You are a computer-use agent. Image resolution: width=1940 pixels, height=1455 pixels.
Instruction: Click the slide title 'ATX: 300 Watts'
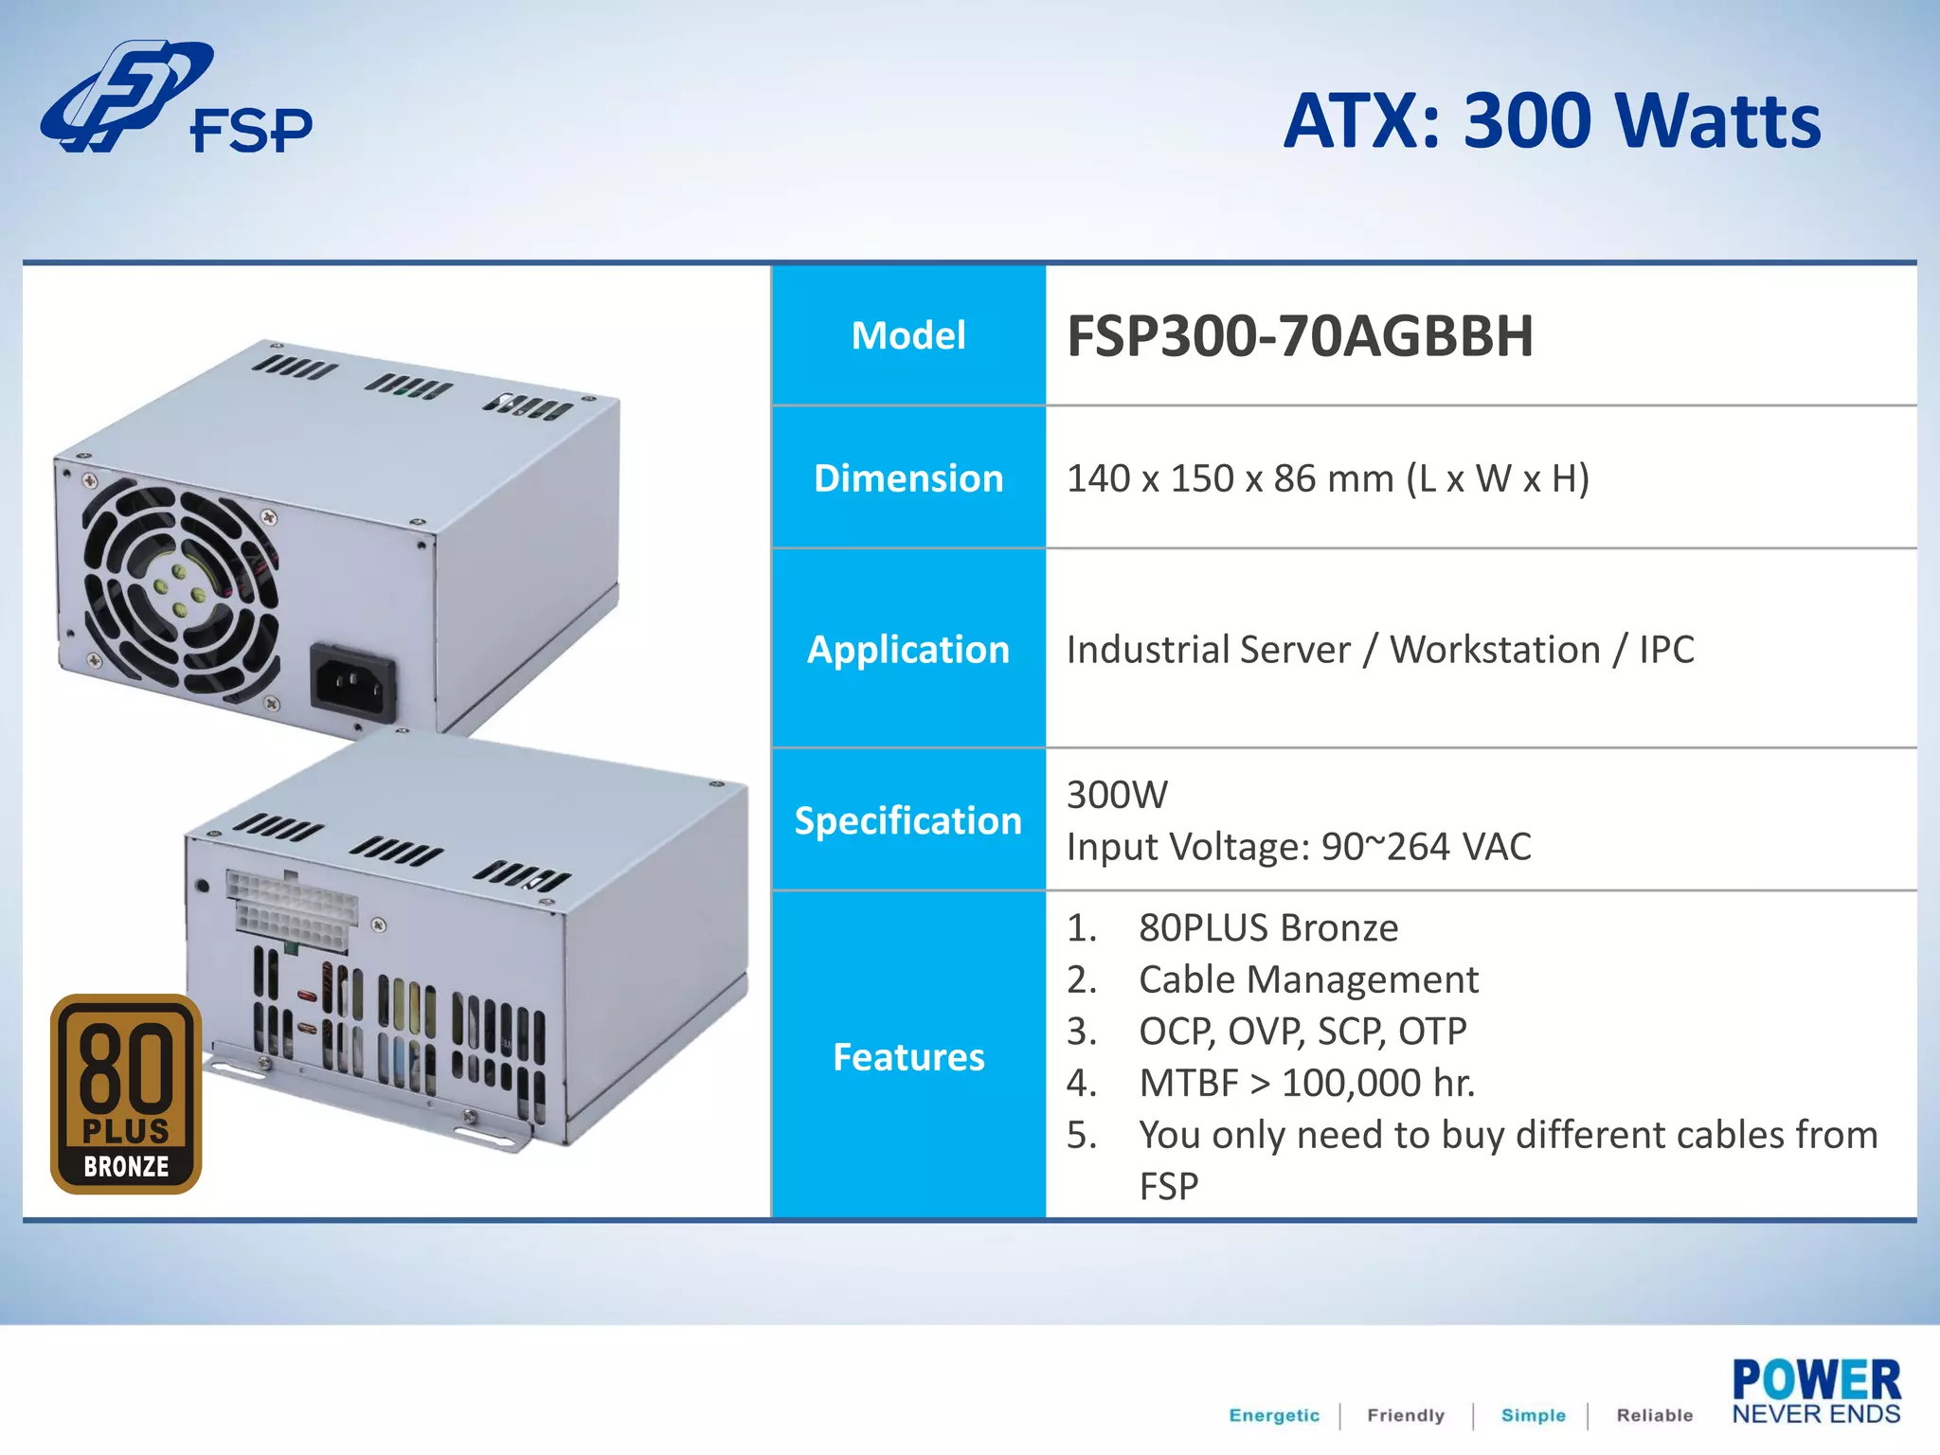(x=1552, y=121)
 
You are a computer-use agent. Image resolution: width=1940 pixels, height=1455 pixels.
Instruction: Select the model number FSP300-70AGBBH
(x=1300, y=336)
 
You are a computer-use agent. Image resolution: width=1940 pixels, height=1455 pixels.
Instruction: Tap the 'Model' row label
(x=908, y=335)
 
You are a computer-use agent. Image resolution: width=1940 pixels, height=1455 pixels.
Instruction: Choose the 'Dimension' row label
(x=908, y=478)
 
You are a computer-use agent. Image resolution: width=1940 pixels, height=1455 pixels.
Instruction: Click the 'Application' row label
(x=908, y=650)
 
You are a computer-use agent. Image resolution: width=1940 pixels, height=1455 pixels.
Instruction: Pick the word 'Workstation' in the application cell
(x=1495, y=650)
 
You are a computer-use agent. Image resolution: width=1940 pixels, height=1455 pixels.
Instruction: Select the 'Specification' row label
(x=908, y=820)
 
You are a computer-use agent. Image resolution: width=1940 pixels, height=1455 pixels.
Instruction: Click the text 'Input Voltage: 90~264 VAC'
(x=1298, y=847)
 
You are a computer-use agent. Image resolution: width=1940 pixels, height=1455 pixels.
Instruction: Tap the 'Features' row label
(x=908, y=1056)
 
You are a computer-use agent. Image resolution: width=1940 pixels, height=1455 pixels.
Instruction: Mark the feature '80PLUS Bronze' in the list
(x=1267, y=927)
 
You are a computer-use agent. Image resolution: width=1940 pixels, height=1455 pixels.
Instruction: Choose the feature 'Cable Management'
(x=1307, y=979)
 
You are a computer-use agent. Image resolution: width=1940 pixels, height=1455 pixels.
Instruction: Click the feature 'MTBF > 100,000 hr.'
(x=1306, y=1083)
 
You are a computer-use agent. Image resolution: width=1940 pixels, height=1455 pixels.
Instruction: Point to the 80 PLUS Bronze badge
(x=126, y=1094)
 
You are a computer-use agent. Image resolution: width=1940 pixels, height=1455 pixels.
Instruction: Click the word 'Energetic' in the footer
(x=1273, y=1415)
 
